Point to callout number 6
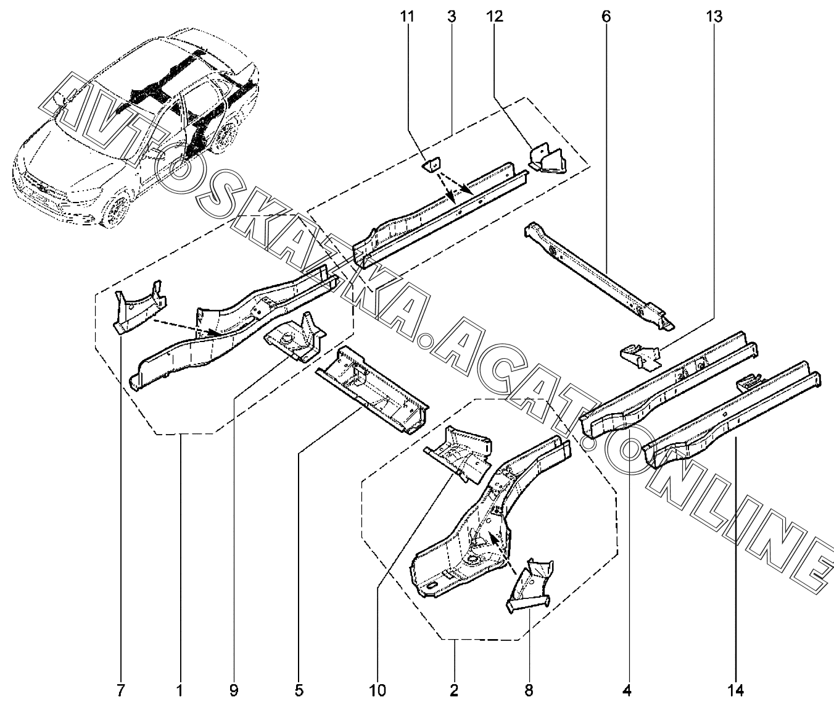[x=605, y=17]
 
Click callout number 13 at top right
[x=714, y=17]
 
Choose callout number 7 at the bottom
[x=121, y=690]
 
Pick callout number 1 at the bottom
[x=180, y=690]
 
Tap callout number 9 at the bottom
[x=233, y=690]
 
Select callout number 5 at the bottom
[x=299, y=690]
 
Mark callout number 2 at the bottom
[x=454, y=690]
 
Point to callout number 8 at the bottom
[x=529, y=690]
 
